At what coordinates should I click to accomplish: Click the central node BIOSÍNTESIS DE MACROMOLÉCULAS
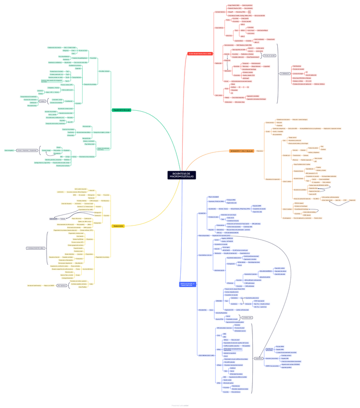[x=182, y=175]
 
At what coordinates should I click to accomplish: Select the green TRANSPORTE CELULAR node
[x=121, y=110]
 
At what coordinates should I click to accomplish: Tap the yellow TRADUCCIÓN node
[x=118, y=226]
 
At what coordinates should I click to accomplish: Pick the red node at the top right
[x=200, y=53]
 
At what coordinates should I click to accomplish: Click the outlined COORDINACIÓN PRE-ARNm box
[x=36, y=248]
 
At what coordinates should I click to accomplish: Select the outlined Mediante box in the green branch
[x=42, y=101]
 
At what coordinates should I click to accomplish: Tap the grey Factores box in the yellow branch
[x=62, y=219]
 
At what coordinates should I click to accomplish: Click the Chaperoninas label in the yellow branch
[x=89, y=254]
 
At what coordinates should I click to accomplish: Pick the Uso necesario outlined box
[x=62, y=285]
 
